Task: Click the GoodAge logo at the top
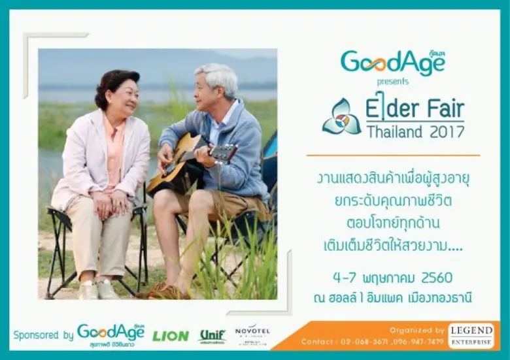[x=392, y=63]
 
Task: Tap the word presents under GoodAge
[x=392, y=82]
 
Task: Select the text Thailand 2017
[x=415, y=131]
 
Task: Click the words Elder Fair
[x=415, y=108]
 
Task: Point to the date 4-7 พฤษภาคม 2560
[x=392, y=277]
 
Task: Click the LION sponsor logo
[x=171, y=336]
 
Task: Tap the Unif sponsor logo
[x=212, y=336]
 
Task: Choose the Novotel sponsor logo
[x=252, y=335]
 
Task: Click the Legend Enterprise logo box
[x=471, y=335]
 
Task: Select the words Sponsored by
[x=43, y=335]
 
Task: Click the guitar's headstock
[x=224, y=154]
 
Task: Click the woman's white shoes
[x=98, y=289]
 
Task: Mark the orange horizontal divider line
[x=392, y=155]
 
